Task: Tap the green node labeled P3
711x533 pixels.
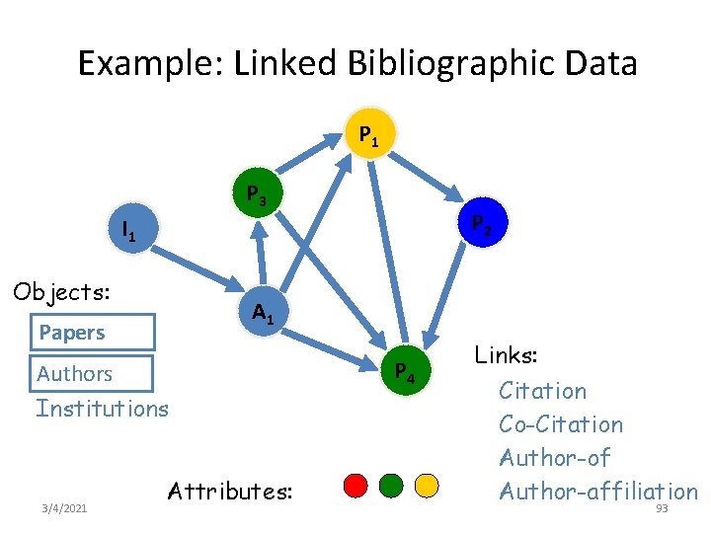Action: coord(255,193)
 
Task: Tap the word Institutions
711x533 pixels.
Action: coord(102,408)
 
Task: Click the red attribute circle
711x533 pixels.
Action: coord(355,486)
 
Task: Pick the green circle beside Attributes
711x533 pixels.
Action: coord(391,486)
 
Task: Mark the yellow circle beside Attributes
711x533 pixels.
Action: coord(426,486)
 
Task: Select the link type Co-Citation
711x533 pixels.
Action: coord(561,424)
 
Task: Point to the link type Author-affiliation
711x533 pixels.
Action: coord(598,492)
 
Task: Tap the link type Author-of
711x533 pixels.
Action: coord(555,458)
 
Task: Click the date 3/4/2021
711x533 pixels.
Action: coord(64,508)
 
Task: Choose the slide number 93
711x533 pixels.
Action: coord(662,508)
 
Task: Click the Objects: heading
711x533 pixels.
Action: coord(60,292)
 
